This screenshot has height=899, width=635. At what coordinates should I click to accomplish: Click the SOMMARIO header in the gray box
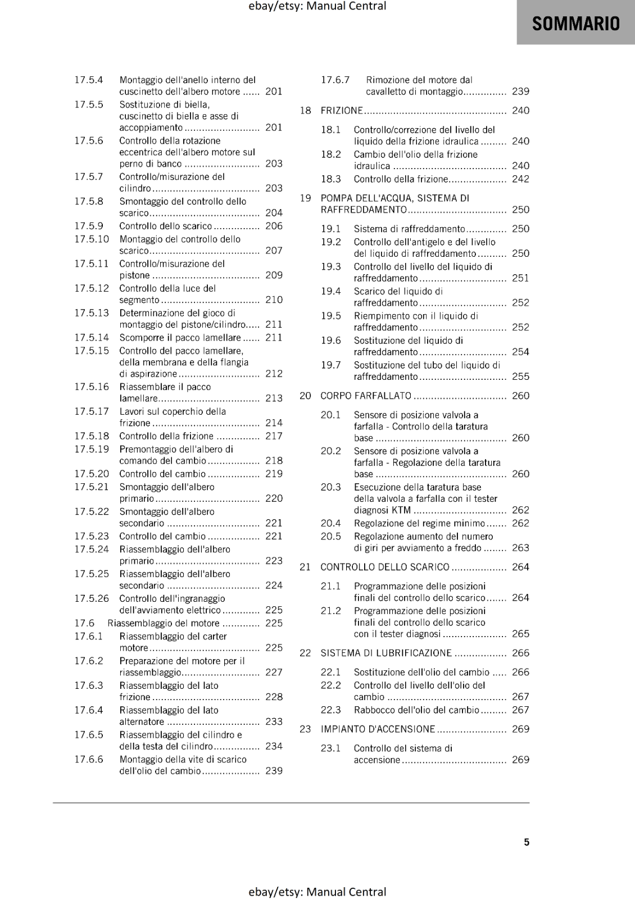[575, 23]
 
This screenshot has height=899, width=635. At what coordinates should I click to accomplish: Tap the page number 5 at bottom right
[527, 842]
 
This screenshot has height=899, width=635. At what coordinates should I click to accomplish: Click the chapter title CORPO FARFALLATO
[366, 396]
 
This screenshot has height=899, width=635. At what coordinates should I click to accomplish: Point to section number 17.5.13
[92, 313]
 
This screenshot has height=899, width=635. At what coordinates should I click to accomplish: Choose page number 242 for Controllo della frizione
[520, 179]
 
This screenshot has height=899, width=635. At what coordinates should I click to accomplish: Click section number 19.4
[331, 291]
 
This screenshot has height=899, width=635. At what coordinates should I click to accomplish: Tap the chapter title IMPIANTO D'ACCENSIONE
[378, 729]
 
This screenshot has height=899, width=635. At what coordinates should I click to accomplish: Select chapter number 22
[305, 653]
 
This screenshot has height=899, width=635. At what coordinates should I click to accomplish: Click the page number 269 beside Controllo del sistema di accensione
[520, 760]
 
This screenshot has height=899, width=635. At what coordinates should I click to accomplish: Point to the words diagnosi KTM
[382, 510]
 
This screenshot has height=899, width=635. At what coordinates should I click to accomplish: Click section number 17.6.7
[335, 80]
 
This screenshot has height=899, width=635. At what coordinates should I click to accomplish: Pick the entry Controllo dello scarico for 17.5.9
[166, 226]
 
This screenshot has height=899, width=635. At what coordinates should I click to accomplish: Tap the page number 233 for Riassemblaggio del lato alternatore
[274, 721]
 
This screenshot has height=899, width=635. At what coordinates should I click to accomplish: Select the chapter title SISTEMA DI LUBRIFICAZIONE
[386, 653]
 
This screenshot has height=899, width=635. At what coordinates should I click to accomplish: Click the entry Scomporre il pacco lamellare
[180, 338]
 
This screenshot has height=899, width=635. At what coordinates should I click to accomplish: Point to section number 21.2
[331, 611]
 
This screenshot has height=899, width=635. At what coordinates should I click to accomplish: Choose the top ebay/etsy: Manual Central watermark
[317, 6]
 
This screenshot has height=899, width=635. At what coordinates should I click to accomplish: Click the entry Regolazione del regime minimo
[419, 523]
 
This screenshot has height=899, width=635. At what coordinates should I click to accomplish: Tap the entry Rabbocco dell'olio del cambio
[416, 710]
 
